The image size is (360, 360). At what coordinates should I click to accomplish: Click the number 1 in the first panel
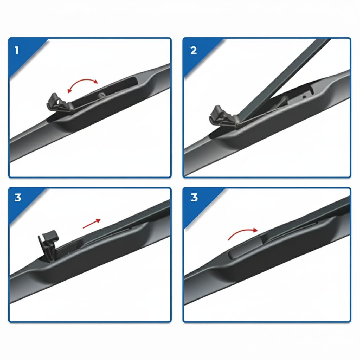(17, 50)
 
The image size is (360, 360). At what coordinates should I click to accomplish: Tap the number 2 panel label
(194, 50)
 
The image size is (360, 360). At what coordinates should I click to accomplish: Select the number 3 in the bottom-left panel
(18, 197)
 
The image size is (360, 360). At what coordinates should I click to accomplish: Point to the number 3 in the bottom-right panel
(194, 197)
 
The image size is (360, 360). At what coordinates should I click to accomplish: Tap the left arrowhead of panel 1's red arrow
(69, 91)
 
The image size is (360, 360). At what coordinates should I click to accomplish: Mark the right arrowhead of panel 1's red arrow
(96, 82)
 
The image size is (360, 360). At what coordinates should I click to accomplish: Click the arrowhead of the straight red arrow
(98, 220)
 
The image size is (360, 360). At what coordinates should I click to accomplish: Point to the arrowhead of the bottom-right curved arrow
(255, 230)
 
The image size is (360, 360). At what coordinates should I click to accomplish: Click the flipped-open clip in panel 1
(59, 103)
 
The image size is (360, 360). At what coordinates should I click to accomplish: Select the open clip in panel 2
(223, 116)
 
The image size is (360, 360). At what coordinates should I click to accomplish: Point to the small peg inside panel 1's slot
(101, 95)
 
